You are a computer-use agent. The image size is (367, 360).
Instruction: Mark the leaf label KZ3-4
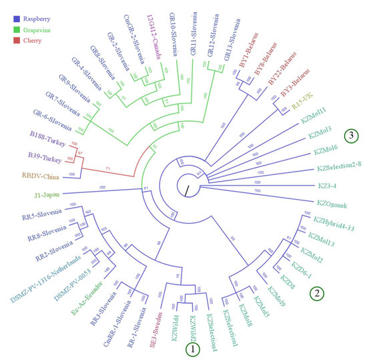[x=333, y=184]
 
